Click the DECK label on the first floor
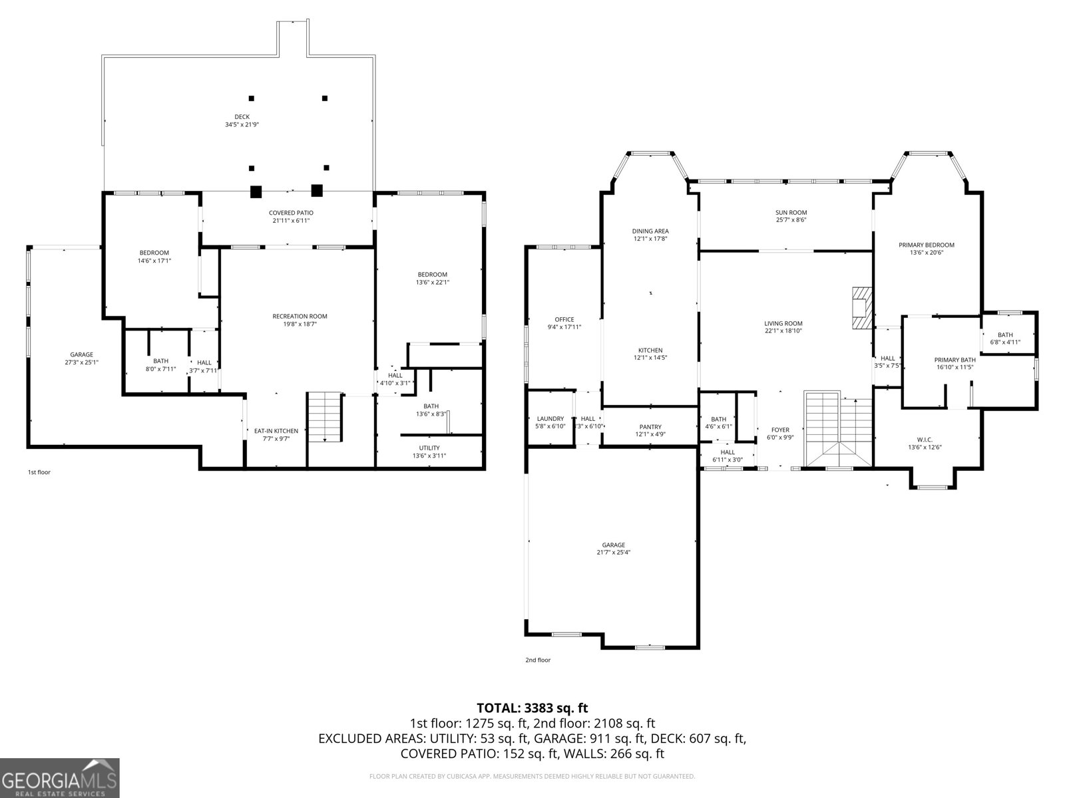(x=242, y=117)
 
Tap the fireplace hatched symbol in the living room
(x=861, y=308)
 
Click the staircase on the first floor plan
(x=324, y=417)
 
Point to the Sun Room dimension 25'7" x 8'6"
(x=791, y=221)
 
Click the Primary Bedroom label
(x=927, y=245)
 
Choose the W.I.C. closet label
(x=925, y=440)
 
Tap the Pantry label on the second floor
(x=650, y=427)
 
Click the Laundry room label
(x=550, y=419)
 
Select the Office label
(x=564, y=319)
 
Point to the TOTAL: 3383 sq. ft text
(x=532, y=708)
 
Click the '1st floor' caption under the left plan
(x=39, y=472)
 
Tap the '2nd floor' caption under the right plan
(x=538, y=660)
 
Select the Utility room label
(x=429, y=448)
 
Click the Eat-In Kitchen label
(x=276, y=431)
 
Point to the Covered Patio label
(x=291, y=213)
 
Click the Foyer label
(x=780, y=430)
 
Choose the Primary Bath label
(x=955, y=360)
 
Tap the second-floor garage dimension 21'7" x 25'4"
(x=613, y=552)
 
